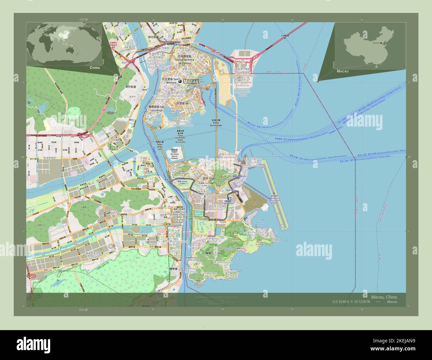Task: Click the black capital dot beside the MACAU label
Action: tap(180, 81)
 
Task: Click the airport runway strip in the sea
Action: tap(275, 196)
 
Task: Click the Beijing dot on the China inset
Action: tap(381, 43)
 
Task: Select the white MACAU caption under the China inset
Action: tap(342, 71)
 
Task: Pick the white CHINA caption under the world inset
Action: tap(94, 67)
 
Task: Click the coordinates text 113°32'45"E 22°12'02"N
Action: tap(350, 302)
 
